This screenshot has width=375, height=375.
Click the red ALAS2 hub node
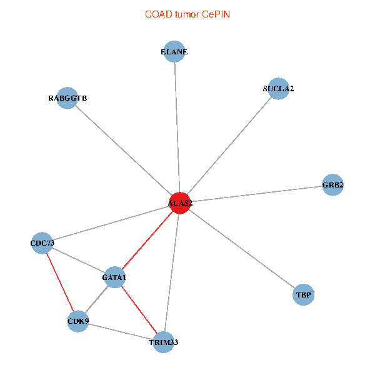pyautogui.click(x=180, y=203)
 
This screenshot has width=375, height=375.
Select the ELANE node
pyautogui.click(x=174, y=52)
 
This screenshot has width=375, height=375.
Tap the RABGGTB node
pyautogui.click(x=67, y=98)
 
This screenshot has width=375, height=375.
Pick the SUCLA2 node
pyautogui.click(x=278, y=89)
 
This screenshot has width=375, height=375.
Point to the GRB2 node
pyautogui.click(x=332, y=185)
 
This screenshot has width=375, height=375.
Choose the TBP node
pyautogui.click(x=304, y=294)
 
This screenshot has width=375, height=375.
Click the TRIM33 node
pyautogui.click(x=164, y=342)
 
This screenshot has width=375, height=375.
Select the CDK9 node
pyautogui.click(x=78, y=322)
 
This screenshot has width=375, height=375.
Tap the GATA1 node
pyautogui.click(x=114, y=277)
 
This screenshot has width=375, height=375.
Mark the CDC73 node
pyautogui.click(x=42, y=243)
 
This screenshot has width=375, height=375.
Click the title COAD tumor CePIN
pyautogui.click(x=187, y=14)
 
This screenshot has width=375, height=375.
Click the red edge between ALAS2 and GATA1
pyautogui.click(x=147, y=239)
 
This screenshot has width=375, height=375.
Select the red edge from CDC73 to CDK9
pyautogui.click(x=60, y=282)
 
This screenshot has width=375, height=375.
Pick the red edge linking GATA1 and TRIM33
pyautogui.click(x=139, y=309)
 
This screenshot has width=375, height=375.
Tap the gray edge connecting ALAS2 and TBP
pyautogui.click(x=242, y=248)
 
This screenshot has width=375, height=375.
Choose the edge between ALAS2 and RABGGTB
pyautogui.click(x=124, y=151)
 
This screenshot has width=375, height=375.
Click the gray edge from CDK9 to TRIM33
pyautogui.click(x=121, y=332)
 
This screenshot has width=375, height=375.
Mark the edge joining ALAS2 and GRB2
pyautogui.click(x=256, y=194)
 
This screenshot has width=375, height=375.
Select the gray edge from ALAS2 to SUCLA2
pyautogui.click(x=229, y=146)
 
